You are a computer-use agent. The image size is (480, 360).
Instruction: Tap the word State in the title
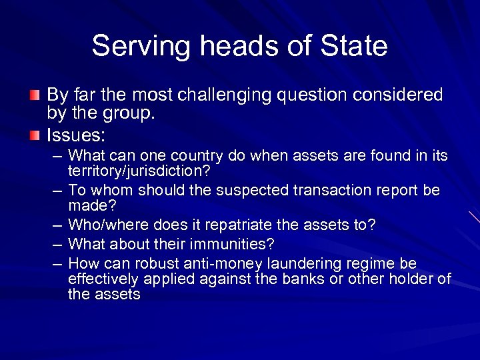tap(354, 46)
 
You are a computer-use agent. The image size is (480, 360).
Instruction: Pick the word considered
tap(399, 95)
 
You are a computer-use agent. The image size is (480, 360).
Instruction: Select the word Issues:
tap(76, 136)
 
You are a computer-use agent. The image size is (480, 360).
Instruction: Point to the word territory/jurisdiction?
tap(139, 171)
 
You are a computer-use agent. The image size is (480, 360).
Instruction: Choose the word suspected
tap(251, 190)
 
